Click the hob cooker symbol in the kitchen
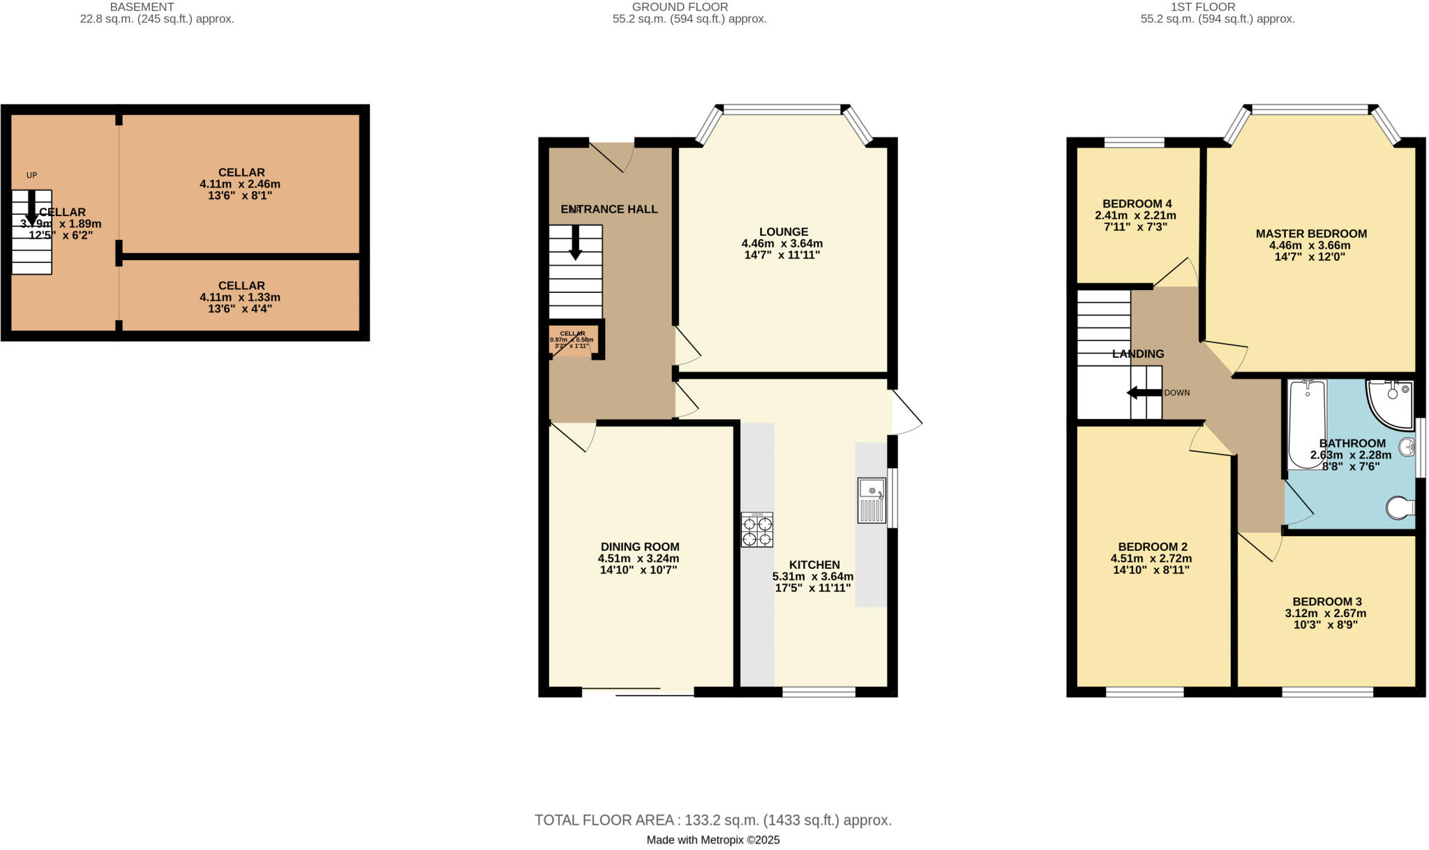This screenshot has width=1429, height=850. (x=757, y=530)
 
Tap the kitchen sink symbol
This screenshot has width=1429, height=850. (x=871, y=500)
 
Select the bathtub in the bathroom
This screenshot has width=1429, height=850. (x=1307, y=424)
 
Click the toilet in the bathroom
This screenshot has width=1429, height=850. (x=1400, y=508)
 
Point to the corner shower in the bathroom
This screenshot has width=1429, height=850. (x=1389, y=403)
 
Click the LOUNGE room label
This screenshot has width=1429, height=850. (x=784, y=232)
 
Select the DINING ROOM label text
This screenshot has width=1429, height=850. (x=640, y=547)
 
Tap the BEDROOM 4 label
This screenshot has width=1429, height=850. (x=1137, y=204)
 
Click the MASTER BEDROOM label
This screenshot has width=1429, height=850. (x=1311, y=234)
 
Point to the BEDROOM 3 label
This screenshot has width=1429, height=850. (x=1326, y=602)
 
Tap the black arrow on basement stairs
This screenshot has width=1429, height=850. (x=31, y=207)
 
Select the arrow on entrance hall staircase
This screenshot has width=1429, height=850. (x=575, y=242)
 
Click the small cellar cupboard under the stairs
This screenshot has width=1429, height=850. (x=572, y=340)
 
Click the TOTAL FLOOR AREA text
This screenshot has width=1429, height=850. (x=713, y=820)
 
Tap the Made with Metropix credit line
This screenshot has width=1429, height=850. (x=713, y=840)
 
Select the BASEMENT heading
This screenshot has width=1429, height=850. (x=142, y=7)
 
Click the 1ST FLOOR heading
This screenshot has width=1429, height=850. (x=1217, y=7)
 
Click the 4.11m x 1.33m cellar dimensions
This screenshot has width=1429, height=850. (x=240, y=297)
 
